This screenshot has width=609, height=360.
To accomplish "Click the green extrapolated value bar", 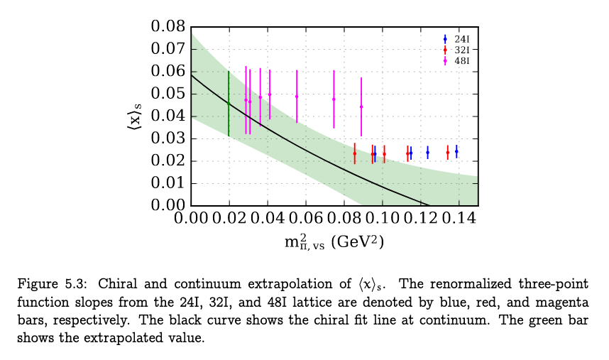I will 229,104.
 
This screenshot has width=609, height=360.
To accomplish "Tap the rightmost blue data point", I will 456,151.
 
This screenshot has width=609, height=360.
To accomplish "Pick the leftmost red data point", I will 355,153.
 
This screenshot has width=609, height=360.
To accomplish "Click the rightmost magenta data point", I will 361,107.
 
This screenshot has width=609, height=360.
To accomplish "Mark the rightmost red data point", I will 448,152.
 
